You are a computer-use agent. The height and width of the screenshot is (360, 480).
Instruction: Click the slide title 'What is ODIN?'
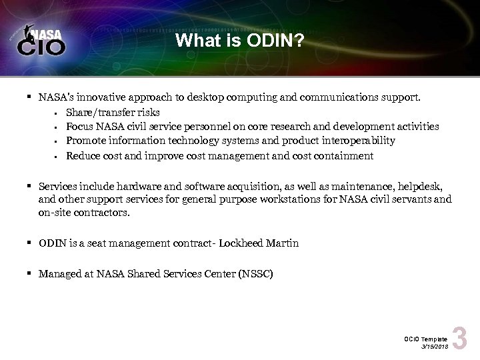[239, 42]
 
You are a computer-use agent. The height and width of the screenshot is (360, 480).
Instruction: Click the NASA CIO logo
[43, 41]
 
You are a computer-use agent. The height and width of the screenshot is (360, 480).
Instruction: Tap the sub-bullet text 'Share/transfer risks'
[113, 111]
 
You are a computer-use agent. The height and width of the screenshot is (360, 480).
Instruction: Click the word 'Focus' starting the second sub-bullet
[79, 126]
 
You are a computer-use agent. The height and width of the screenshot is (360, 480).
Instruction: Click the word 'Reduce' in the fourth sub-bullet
[81, 155]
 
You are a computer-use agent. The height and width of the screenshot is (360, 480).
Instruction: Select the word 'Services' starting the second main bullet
[56, 185]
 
